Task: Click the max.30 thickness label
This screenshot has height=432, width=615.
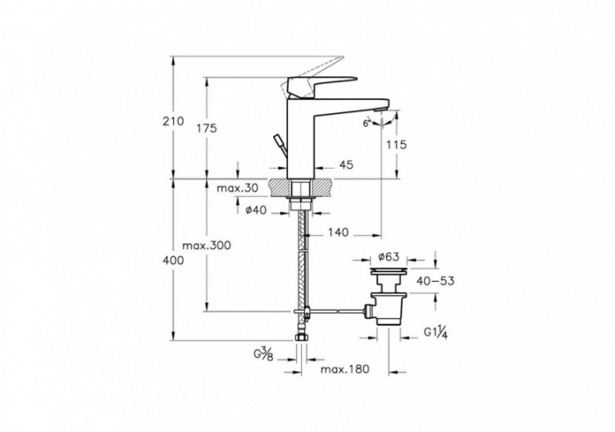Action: coord(237,189)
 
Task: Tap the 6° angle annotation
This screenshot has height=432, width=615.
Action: coord(365,123)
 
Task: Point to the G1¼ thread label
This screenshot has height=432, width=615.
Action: coord(435,332)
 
